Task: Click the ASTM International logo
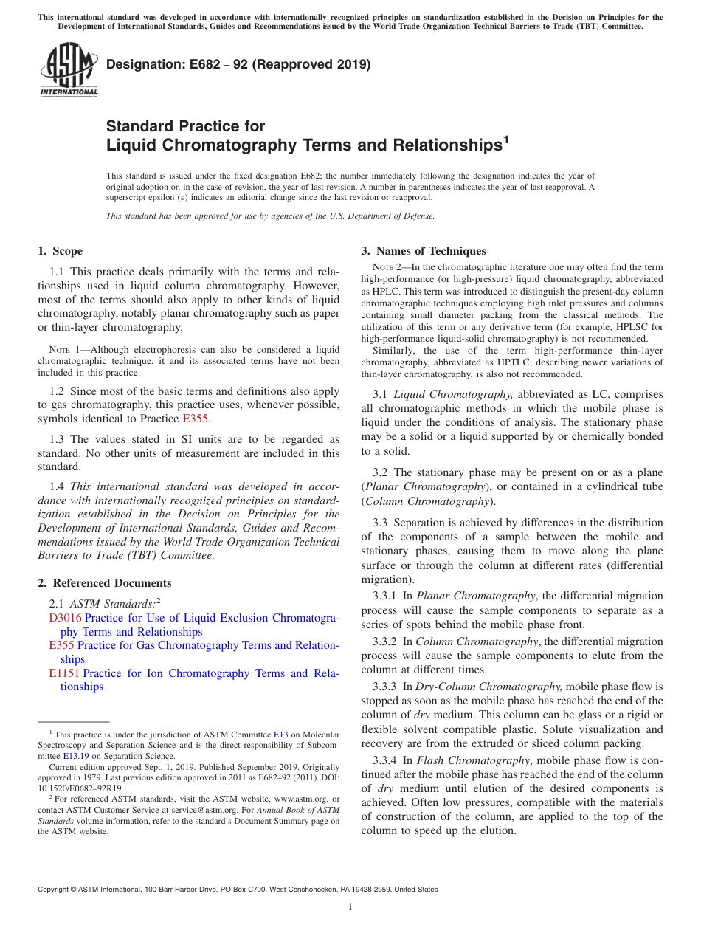(x=69, y=69)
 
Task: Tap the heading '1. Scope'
(x=61, y=251)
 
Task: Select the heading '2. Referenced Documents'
(x=105, y=583)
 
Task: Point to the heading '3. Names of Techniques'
(x=424, y=251)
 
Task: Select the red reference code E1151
(x=64, y=673)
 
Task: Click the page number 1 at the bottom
(x=350, y=907)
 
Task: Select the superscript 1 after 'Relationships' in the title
(x=506, y=138)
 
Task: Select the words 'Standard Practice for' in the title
(x=185, y=126)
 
